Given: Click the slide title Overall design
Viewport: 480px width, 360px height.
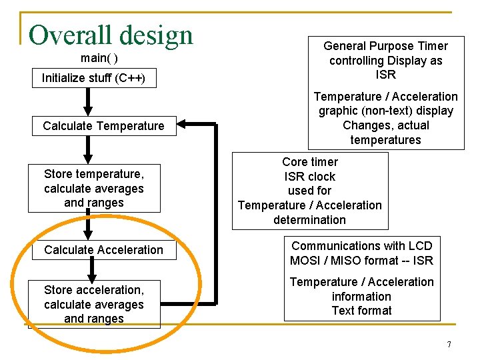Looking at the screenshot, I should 111,35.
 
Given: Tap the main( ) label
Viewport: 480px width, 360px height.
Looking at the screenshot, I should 99,58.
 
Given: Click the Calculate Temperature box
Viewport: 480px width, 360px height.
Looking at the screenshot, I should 103,126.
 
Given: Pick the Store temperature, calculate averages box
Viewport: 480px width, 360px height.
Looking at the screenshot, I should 94,188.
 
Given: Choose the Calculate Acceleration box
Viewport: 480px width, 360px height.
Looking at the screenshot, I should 103,250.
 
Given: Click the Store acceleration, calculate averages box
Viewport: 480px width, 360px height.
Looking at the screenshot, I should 94,304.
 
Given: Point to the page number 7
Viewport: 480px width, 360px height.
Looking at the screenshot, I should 449,345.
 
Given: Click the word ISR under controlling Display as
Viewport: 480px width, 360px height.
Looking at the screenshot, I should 385,75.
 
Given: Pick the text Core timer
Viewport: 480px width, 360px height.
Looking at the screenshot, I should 310,162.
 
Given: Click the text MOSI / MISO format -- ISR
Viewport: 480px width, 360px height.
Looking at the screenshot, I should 361,261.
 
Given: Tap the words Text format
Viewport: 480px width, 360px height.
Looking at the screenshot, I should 361,311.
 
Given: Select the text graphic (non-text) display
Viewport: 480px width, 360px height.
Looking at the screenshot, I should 385,111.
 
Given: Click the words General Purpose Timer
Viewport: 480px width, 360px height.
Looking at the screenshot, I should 385,46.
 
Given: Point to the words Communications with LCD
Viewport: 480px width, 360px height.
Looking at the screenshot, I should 361,246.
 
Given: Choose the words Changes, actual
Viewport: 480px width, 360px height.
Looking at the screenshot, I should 385,125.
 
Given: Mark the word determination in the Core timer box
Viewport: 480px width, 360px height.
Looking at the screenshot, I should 310,220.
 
